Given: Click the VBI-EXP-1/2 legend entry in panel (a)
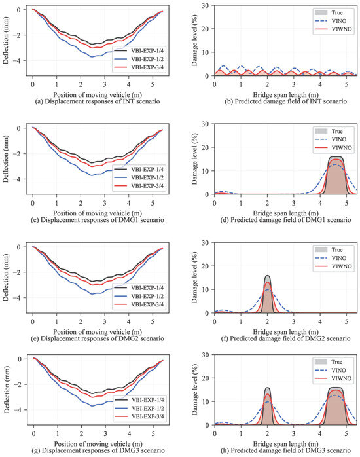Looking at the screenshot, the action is tap(139, 59).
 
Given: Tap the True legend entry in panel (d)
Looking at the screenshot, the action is tap(329, 131).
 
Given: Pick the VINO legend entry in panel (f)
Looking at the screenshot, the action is tap(331, 258).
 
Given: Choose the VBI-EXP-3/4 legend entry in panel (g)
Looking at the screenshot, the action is tap(139, 416).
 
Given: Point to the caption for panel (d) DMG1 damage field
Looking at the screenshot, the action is tap(285, 220).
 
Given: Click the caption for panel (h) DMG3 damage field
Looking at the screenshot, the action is tap(285, 450).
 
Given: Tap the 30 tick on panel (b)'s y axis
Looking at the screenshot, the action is tap(206, 5).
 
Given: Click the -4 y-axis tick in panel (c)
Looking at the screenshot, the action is tap(18, 179).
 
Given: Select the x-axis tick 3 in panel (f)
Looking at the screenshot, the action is tap(294, 321).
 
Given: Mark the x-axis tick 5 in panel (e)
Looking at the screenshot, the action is tap(153, 321).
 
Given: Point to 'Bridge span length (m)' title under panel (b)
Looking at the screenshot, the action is tap(285, 95).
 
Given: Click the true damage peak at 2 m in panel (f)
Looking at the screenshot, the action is tap(267, 276).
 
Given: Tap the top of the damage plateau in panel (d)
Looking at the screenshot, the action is tap(336, 156).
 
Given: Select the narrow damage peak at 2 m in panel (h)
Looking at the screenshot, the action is tap(267, 388).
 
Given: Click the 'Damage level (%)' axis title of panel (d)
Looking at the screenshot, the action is tap(194, 159).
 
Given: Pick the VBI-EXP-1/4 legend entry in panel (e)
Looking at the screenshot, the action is tap(139, 287).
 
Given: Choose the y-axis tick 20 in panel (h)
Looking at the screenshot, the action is tap(206, 378).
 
